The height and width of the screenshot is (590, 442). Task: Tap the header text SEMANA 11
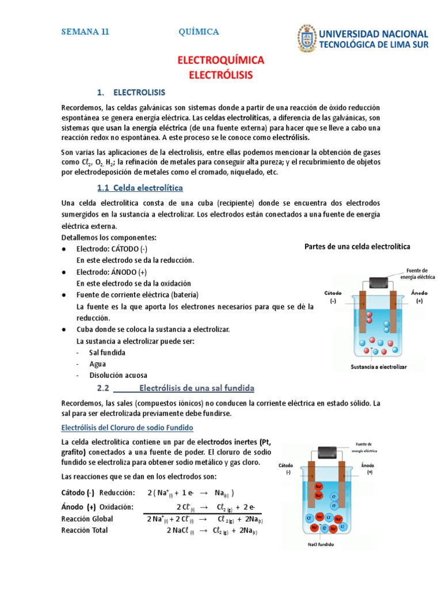point(85,32)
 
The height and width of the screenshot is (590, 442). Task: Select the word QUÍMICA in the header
point(199,32)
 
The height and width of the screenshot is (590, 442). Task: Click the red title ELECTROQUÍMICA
point(221,60)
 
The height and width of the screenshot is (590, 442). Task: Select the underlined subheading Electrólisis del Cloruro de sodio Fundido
point(127,428)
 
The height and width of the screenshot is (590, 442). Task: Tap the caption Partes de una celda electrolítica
point(357,247)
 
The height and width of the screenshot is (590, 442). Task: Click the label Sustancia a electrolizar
point(379,366)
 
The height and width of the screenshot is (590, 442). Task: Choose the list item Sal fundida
point(107,352)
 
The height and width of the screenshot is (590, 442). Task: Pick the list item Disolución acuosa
point(118,375)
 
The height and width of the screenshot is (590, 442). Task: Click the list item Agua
point(98,364)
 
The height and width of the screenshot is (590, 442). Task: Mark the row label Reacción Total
point(85,530)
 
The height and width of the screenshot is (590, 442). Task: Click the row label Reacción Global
point(87,519)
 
